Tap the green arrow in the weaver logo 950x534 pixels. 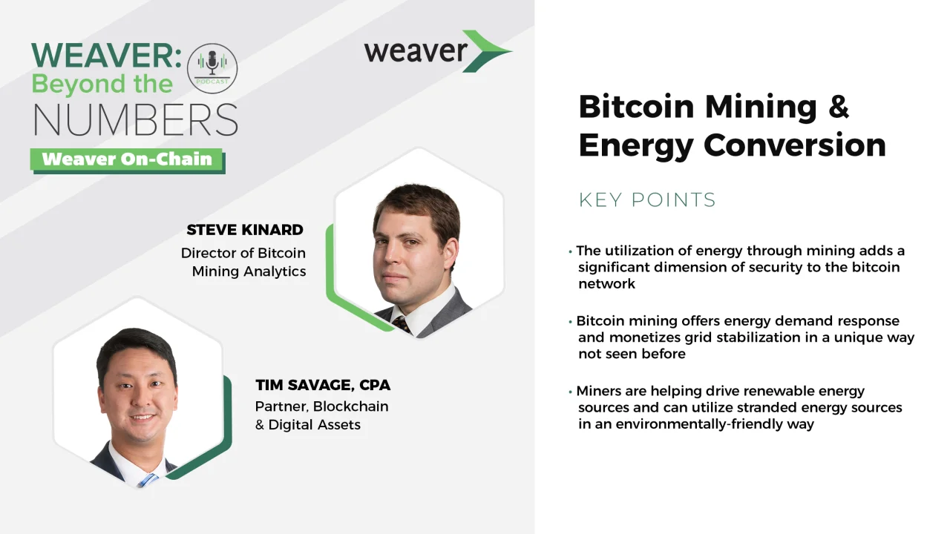485,51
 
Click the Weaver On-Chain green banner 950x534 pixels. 127,159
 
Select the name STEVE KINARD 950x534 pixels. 245,230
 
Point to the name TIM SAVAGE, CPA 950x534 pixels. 323,385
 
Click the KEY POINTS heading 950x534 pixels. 647,200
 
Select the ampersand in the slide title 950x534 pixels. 838,108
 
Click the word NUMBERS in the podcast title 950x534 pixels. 135,119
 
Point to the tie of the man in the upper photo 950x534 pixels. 402,324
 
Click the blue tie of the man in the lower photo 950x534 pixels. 148,480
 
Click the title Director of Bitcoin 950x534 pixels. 243,253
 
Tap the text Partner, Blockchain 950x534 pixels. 321,406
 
